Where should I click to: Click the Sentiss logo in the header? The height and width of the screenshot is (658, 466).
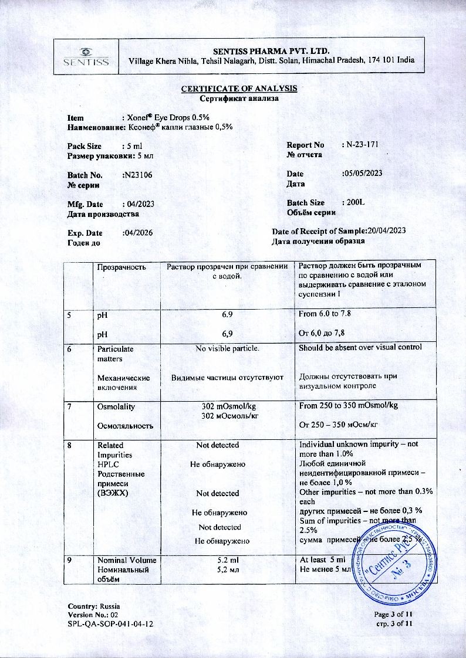point(86,56)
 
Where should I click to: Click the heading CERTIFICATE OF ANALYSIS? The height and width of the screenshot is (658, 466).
point(239,89)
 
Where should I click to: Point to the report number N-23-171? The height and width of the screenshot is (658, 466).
point(360,145)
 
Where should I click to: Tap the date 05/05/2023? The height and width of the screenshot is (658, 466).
point(362,173)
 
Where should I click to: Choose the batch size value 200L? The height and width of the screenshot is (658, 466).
point(356,202)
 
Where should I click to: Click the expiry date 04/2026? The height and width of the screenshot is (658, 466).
point(137,232)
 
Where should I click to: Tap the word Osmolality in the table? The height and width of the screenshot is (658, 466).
point(116,406)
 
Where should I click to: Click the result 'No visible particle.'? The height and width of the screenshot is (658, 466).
point(227,348)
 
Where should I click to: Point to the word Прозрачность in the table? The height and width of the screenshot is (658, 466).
point(121,267)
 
